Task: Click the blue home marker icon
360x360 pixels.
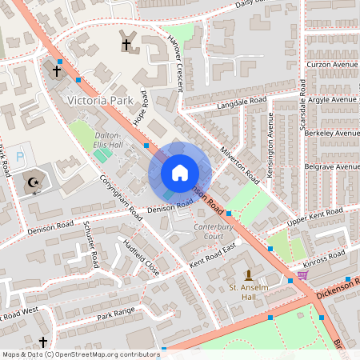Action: tap(180, 173)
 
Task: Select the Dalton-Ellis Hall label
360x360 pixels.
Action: tap(108, 140)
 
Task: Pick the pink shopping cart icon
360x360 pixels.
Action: tap(302, 275)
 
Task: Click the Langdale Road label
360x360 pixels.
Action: tap(240, 105)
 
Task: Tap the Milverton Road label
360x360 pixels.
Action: tap(240, 161)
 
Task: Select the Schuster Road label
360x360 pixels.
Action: tap(90, 247)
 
